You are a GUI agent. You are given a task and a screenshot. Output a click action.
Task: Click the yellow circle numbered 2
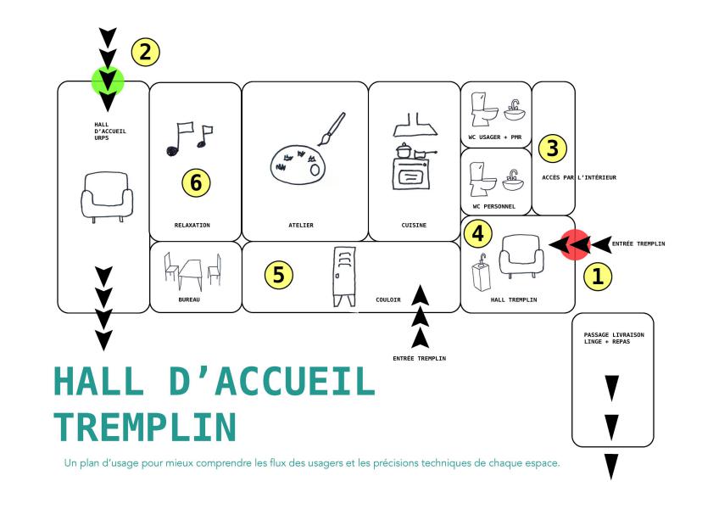coord(145,52)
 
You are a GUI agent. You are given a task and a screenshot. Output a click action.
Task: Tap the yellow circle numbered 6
coord(196,182)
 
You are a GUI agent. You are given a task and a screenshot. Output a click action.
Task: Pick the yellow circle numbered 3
coord(552,148)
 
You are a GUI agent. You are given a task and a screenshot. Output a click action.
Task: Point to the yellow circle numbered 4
coord(479,232)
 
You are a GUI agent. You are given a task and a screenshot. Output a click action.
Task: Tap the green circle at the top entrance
coord(108,81)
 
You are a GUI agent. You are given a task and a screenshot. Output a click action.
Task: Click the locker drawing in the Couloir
coord(343,277)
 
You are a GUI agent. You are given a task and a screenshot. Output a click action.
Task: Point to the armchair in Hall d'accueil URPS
coord(107,195)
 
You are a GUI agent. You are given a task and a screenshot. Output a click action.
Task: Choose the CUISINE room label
coord(414,226)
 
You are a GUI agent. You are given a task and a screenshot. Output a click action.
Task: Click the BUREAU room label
coord(190,299)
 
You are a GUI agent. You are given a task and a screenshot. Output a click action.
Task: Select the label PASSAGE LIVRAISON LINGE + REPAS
coord(614,338)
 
